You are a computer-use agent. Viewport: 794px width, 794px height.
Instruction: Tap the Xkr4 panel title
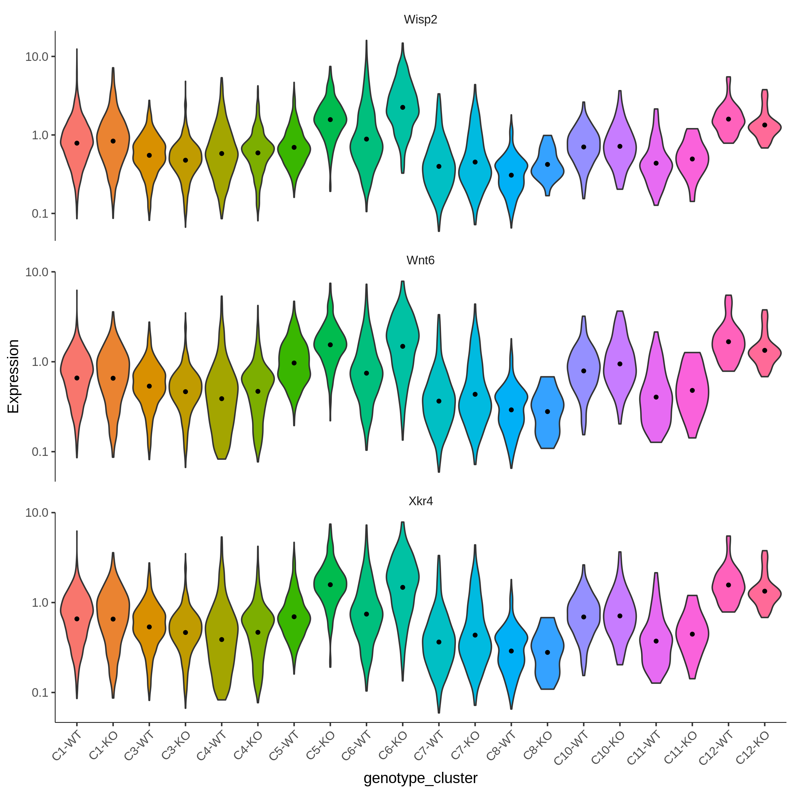pyautogui.click(x=420, y=501)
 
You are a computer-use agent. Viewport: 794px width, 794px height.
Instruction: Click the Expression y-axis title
pyautogui.click(x=13, y=376)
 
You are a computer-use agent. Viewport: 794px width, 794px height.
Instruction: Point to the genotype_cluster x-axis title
pyautogui.click(x=420, y=778)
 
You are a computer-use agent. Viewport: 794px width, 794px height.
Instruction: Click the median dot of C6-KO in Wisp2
pyautogui.click(x=403, y=107)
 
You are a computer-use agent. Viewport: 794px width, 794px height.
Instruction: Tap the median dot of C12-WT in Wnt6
pyautogui.click(x=728, y=341)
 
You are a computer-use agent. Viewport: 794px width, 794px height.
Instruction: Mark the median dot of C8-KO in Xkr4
pyautogui.click(x=548, y=652)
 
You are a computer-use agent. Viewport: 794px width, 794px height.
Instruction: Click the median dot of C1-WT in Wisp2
pyautogui.click(x=77, y=143)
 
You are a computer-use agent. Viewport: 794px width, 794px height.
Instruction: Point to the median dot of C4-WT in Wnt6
pyautogui.click(x=222, y=399)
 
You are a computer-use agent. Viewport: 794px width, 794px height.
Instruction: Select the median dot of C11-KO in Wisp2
pyautogui.click(x=692, y=159)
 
